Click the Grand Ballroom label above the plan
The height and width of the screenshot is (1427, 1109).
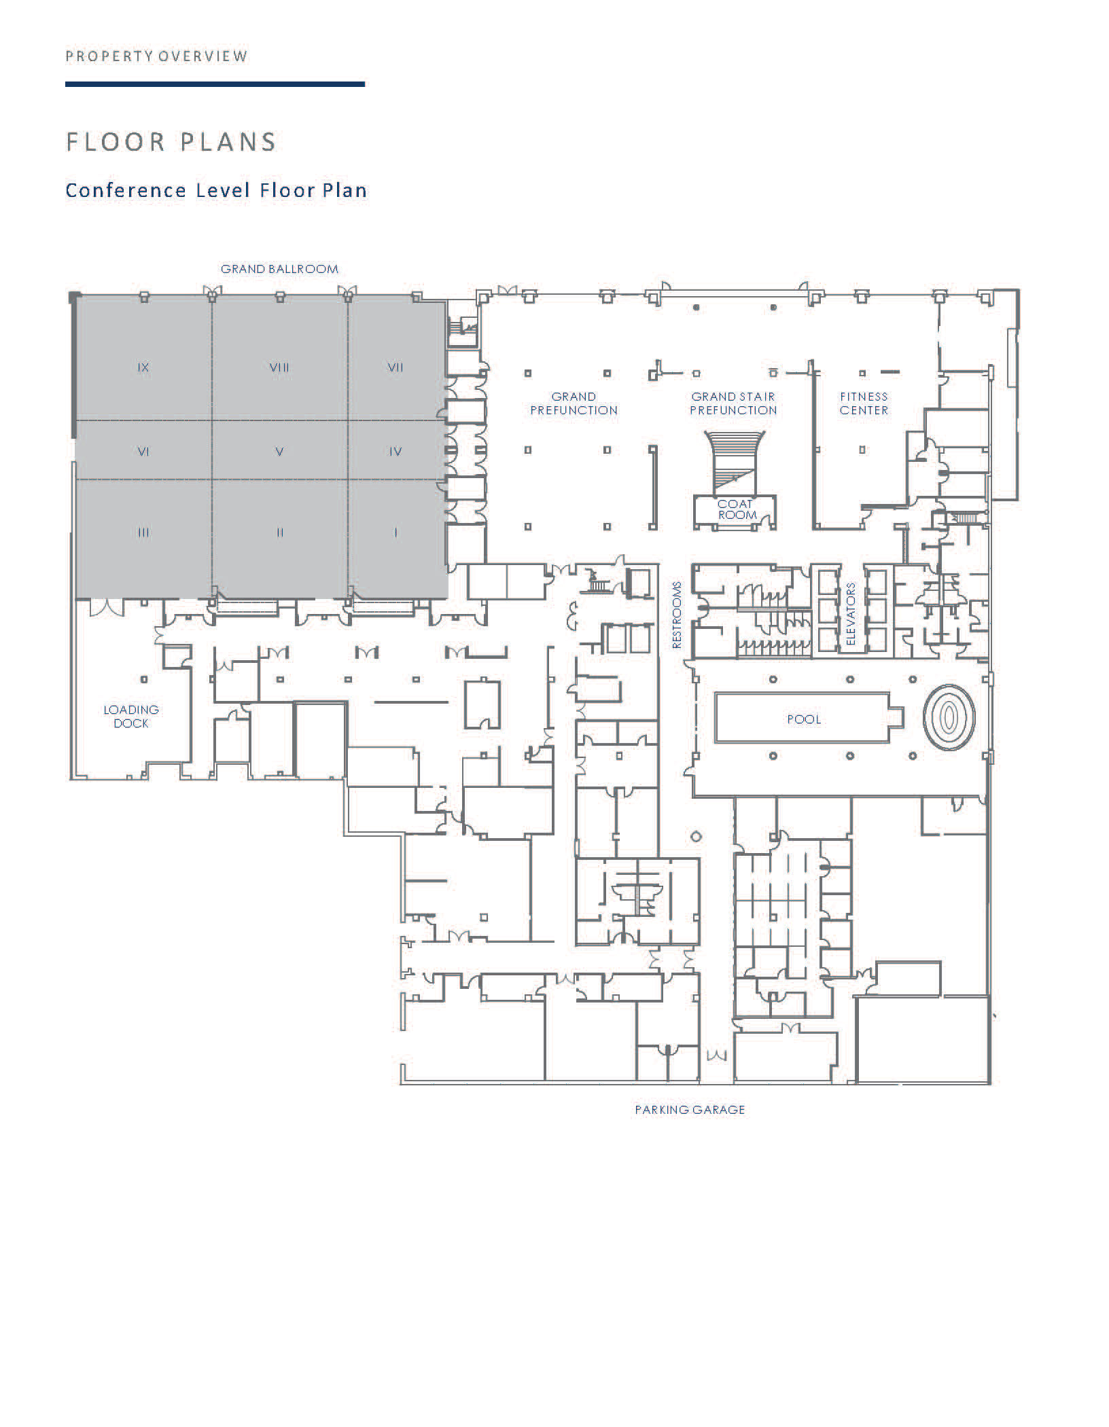point(279,269)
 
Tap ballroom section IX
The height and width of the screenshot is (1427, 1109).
point(143,367)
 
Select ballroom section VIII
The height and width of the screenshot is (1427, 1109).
point(279,367)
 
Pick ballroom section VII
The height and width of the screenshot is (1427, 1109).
point(395,367)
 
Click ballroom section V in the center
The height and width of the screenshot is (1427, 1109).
point(279,452)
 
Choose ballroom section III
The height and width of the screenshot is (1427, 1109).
point(143,533)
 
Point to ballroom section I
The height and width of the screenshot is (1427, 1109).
point(395,533)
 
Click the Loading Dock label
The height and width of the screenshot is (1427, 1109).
point(131,717)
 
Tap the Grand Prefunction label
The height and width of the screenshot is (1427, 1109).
point(574,403)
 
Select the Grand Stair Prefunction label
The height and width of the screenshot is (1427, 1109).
point(733,403)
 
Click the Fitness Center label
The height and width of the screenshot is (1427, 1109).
point(864,403)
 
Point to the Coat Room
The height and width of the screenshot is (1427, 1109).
point(736,510)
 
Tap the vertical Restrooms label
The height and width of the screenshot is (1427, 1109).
point(677,615)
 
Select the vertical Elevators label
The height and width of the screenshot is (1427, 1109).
point(851,615)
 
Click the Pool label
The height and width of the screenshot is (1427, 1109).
point(804,719)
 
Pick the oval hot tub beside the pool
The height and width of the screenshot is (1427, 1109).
point(949,717)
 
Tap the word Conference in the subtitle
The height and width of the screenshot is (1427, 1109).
point(126,190)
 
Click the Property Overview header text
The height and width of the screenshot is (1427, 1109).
point(157,56)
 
